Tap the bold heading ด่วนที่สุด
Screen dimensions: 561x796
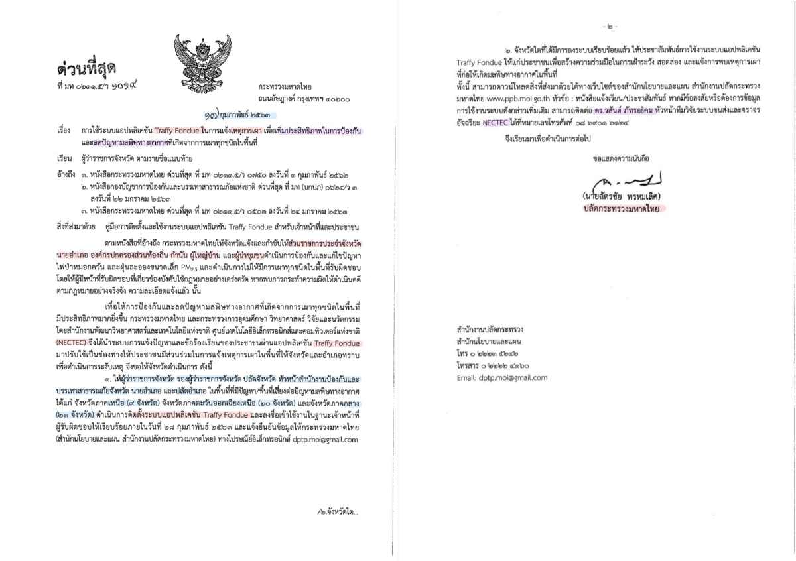[86, 68]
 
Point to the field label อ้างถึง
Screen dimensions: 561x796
[66, 174]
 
